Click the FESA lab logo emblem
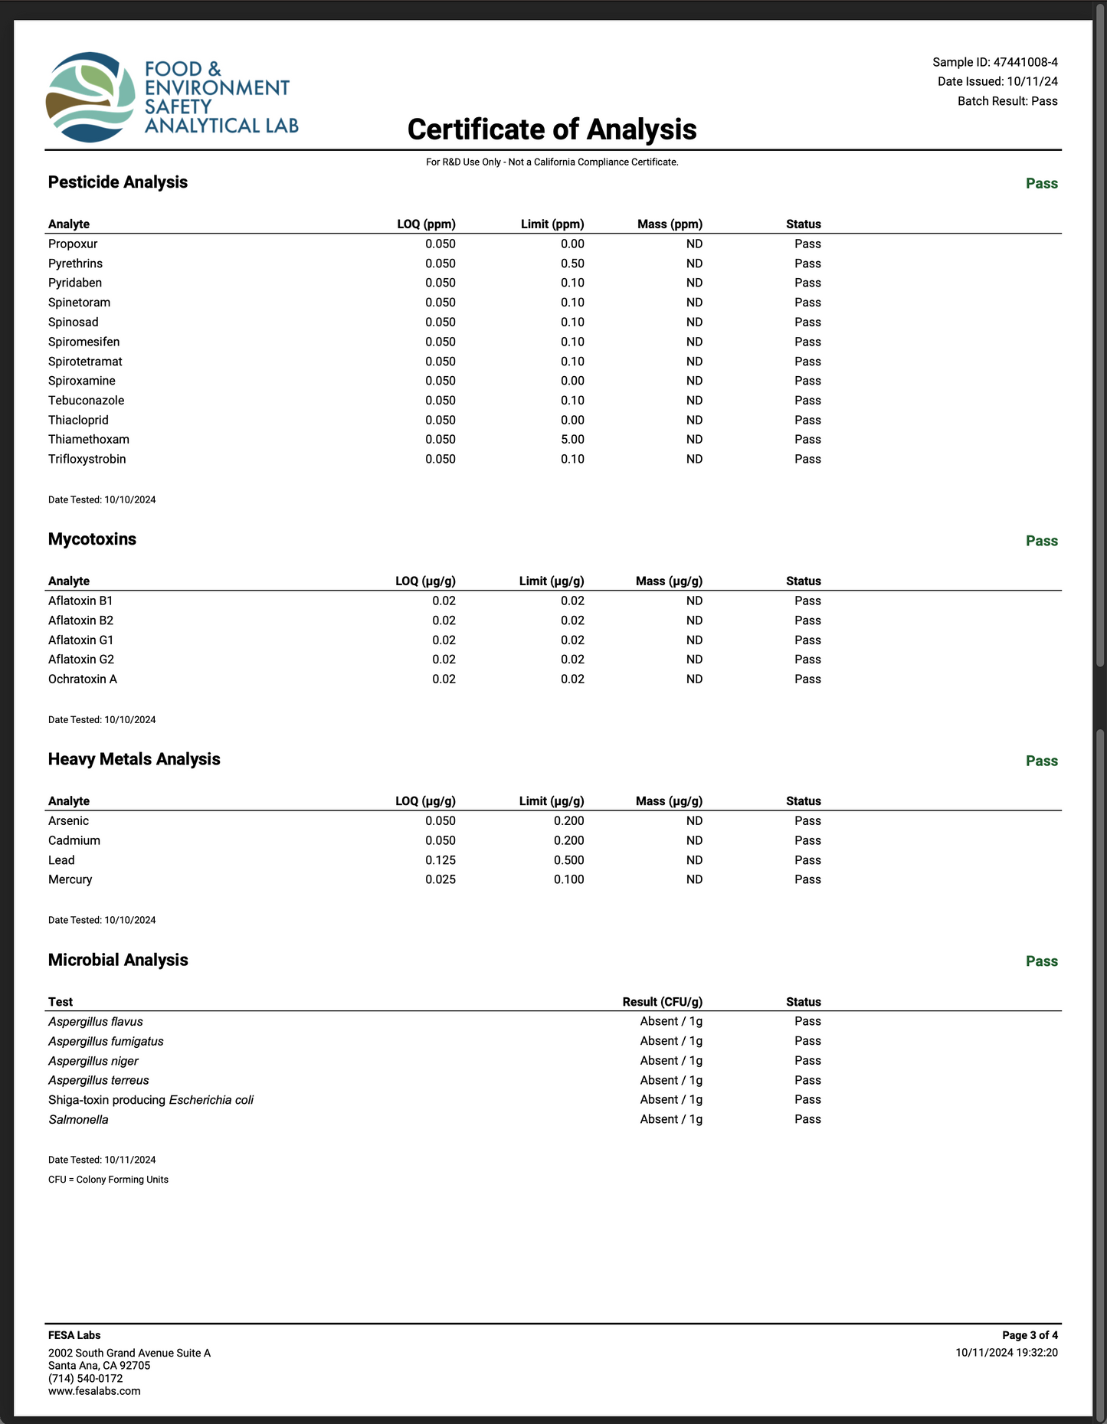click(90, 97)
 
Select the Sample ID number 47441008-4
click(1025, 62)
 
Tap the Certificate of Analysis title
click(552, 129)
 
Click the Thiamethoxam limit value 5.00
click(572, 440)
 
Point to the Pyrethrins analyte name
click(75, 264)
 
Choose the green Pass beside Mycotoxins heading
click(1041, 541)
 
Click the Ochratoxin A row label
click(83, 679)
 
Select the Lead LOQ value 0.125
click(441, 860)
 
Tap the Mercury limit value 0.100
click(568, 880)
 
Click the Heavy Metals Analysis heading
click(134, 759)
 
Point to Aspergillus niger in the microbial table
click(93, 1061)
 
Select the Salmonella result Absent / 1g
click(671, 1119)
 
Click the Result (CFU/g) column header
click(662, 1002)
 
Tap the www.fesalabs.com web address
click(94, 1391)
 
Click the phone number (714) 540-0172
click(85, 1378)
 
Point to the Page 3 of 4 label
click(1030, 1335)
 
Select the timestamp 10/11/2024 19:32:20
click(1006, 1353)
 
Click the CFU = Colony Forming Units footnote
click(108, 1180)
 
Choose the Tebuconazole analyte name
click(86, 401)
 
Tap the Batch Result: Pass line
click(1007, 101)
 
